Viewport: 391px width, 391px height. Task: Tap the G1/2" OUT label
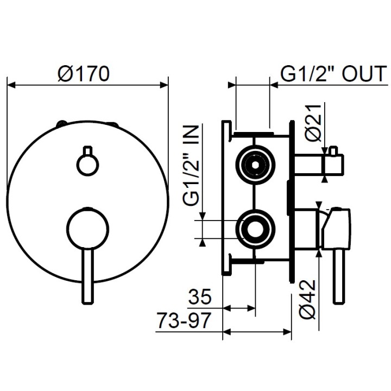(333, 73)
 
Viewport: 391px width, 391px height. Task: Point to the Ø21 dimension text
(314, 124)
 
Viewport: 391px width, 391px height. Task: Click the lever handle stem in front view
(87, 277)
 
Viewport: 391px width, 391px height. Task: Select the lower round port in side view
(254, 228)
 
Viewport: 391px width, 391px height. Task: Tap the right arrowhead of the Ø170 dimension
(164, 85)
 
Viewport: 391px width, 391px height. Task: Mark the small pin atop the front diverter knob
(87, 150)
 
